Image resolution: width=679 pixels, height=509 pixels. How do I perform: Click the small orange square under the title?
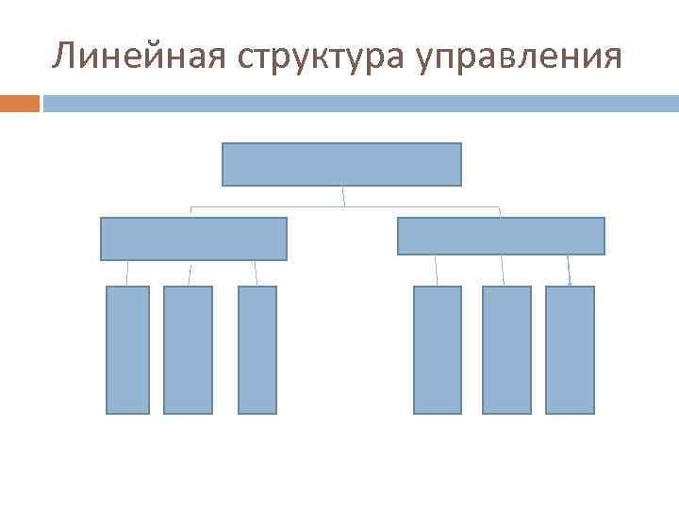(x=19, y=103)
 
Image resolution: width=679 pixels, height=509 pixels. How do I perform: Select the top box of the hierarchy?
(x=341, y=164)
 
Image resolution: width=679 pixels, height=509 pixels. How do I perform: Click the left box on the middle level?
(x=193, y=238)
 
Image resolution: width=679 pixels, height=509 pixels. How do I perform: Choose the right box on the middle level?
(x=501, y=236)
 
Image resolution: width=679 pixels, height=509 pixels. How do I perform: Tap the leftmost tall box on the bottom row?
(x=127, y=350)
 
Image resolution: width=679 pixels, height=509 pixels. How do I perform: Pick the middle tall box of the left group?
(x=188, y=350)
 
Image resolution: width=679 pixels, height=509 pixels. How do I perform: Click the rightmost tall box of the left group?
(x=257, y=350)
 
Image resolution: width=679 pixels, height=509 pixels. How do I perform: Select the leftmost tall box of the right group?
(x=438, y=350)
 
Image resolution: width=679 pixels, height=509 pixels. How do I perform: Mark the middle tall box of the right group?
(x=506, y=350)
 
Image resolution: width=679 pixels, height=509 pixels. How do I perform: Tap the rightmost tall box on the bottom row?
(x=570, y=350)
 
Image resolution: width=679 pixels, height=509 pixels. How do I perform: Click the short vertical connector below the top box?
(x=343, y=196)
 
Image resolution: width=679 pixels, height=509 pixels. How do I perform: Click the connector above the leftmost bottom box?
(x=127, y=272)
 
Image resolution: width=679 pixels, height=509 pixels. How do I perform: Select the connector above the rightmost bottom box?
(x=569, y=271)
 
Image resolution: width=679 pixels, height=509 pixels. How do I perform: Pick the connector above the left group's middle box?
(x=190, y=272)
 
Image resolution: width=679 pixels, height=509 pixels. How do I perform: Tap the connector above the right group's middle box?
(x=503, y=271)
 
